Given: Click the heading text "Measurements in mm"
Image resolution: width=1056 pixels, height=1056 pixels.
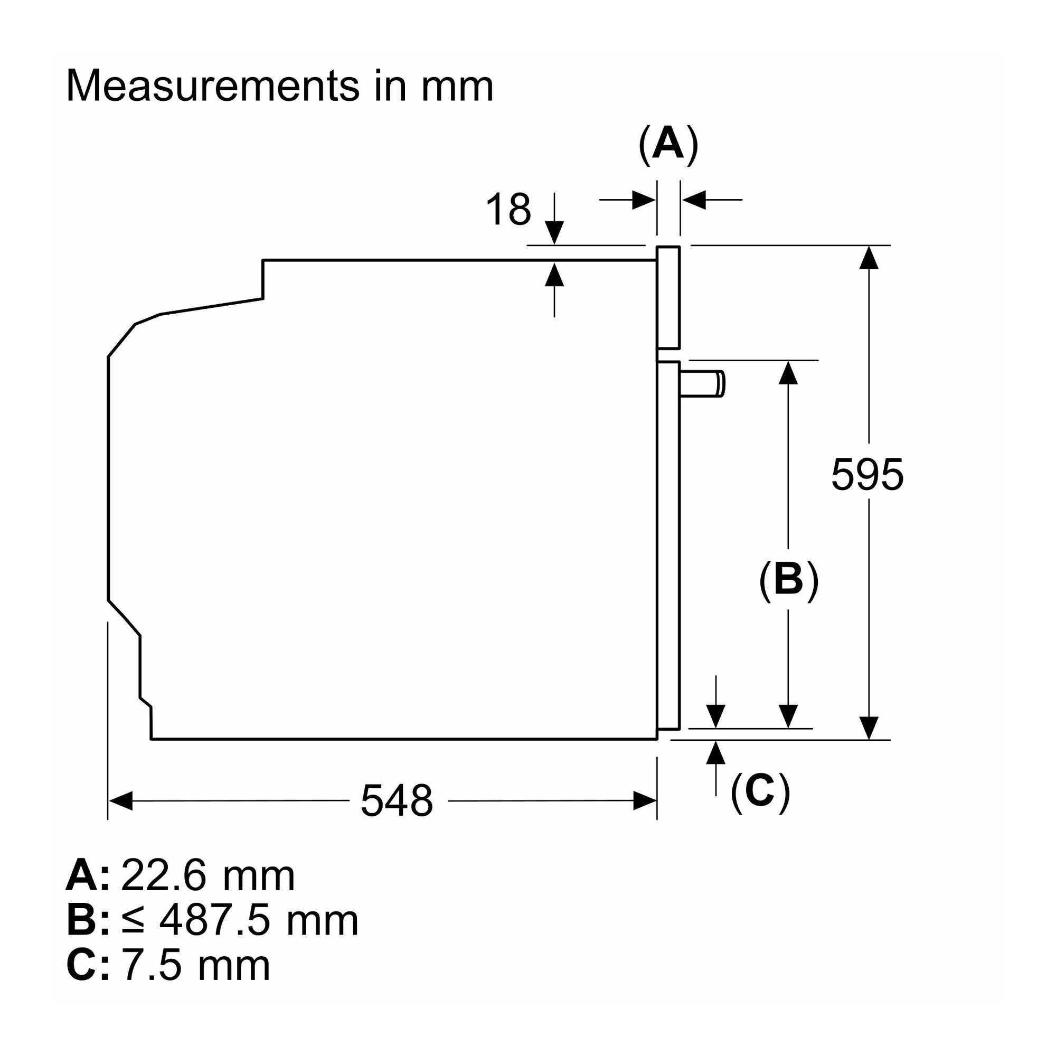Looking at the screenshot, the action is pos(279,86).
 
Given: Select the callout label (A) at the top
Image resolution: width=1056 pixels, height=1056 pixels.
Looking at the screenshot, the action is pos(668,145).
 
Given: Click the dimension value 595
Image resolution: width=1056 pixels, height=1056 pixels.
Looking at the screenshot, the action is pos(868,475).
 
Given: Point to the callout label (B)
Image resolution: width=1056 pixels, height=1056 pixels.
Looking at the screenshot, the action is pos(789,579).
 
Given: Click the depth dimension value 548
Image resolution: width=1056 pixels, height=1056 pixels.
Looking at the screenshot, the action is pos(397,801).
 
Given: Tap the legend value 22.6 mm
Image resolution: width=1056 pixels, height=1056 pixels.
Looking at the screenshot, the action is pos(208,876).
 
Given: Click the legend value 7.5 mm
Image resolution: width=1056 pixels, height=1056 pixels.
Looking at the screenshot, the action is pos(196,966).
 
